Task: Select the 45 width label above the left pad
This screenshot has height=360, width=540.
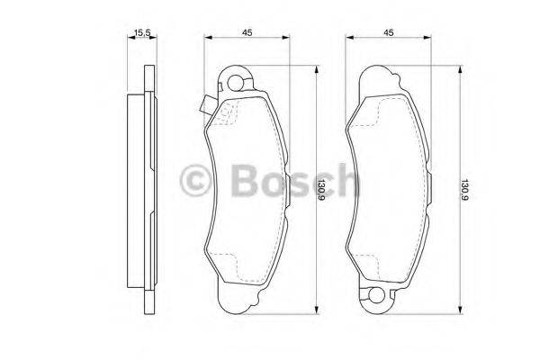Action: point(246,33)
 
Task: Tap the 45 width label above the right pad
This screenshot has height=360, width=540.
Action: point(389,33)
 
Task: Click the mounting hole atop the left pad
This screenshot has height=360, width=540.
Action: point(237,85)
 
